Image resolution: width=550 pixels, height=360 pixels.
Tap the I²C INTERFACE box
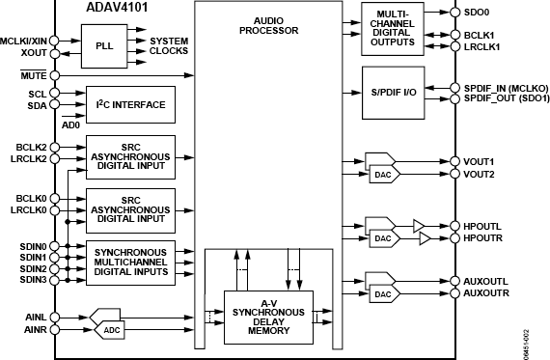click(130, 104)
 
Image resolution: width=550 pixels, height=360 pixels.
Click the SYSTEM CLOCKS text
click(170, 46)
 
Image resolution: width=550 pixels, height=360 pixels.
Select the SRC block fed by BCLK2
click(130, 155)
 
